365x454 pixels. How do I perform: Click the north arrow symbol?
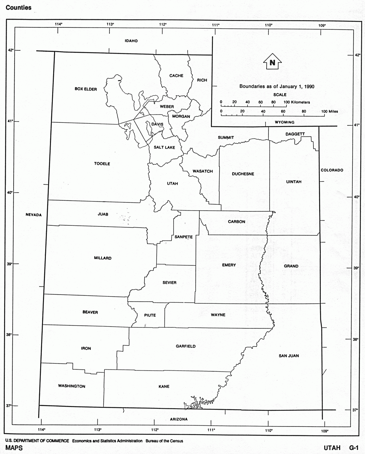point(272,62)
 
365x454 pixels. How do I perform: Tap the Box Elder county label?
point(86,89)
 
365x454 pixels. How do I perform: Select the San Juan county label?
point(289,356)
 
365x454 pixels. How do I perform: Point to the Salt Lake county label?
point(164,147)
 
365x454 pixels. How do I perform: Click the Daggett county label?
point(295,134)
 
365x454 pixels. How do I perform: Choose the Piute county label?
point(150,315)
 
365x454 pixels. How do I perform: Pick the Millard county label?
point(103,258)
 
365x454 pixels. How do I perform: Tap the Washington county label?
point(72,386)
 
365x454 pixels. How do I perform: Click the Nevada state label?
point(34,215)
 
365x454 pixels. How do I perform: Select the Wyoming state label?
point(285,122)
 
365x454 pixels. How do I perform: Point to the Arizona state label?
point(179,419)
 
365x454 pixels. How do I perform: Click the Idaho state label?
point(131,41)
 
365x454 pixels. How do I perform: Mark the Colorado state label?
point(332,170)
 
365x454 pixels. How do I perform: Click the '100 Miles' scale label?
point(330,111)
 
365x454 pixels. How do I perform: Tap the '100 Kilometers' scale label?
point(297,102)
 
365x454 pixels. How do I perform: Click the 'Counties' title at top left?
point(19,8)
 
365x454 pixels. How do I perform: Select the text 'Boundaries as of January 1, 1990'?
point(277,87)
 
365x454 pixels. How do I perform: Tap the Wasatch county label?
point(203,171)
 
